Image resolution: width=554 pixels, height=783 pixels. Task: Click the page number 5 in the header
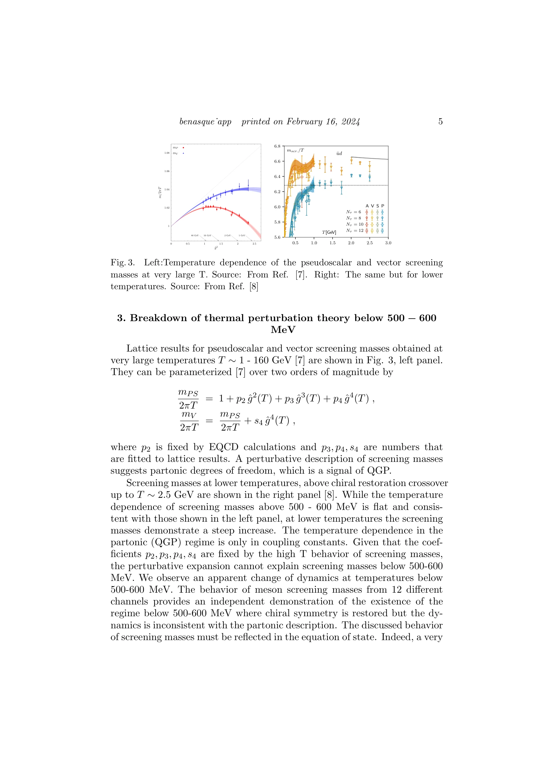(x=440, y=122)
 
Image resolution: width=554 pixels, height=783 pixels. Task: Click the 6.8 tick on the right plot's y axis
(x=277, y=146)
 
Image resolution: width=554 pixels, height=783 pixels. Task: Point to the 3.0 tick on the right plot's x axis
(x=388, y=243)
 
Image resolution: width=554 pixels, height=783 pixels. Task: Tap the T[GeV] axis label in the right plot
(x=329, y=232)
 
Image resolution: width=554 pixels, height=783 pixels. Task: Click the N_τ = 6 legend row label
(x=353, y=212)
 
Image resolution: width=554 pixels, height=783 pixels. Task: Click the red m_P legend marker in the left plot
(x=183, y=148)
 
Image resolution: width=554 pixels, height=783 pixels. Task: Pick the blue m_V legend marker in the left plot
(x=183, y=153)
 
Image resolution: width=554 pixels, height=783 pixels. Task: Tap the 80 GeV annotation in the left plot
(x=194, y=235)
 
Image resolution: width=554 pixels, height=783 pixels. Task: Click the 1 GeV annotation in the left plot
(x=242, y=235)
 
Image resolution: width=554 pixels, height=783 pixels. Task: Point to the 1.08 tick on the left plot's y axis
(x=167, y=153)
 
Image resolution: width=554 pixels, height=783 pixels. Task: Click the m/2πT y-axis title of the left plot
(x=160, y=192)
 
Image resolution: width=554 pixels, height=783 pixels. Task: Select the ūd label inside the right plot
(x=339, y=153)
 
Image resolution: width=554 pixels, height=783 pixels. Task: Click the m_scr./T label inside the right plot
(x=295, y=150)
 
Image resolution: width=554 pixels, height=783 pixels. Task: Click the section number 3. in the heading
(x=121, y=318)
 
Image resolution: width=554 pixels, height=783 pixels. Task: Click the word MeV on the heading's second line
(x=283, y=330)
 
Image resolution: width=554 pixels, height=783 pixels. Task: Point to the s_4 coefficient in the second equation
(x=258, y=421)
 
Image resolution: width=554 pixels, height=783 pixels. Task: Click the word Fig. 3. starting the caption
(x=122, y=263)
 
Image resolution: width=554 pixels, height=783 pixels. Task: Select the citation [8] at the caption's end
(x=254, y=286)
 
